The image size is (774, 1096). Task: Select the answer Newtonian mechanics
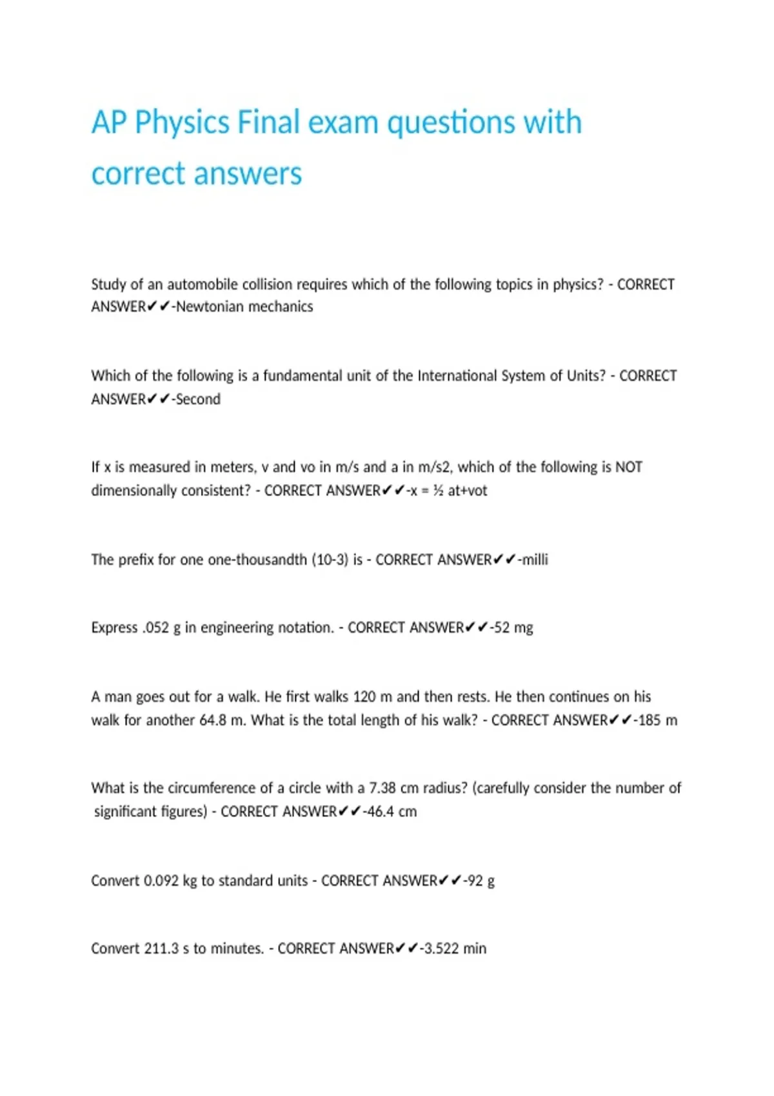coord(244,307)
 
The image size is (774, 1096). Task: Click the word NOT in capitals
coord(628,467)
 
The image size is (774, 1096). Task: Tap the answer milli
coord(535,560)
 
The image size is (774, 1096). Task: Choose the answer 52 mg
coord(513,628)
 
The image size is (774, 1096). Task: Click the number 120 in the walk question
coord(364,697)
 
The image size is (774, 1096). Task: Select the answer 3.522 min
coord(455,948)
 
